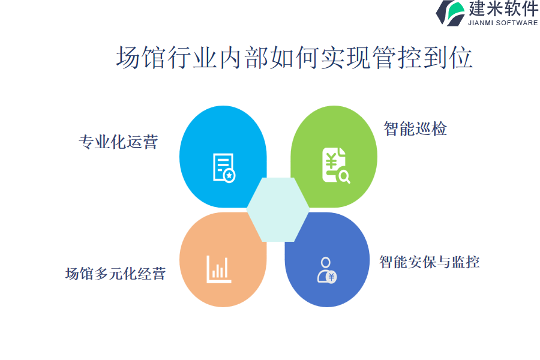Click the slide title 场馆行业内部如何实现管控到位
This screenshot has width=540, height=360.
(x=294, y=58)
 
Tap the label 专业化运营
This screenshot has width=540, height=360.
(x=118, y=142)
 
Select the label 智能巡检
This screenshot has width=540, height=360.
(x=415, y=129)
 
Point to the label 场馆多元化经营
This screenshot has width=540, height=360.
(x=116, y=274)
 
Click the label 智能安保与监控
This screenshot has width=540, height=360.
(x=430, y=262)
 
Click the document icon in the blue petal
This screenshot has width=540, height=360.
(x=224, y=168)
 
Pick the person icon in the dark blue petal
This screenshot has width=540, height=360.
(x=327, y=270)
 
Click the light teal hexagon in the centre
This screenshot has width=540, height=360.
(x=278, y=209)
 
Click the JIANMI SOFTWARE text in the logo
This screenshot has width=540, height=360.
(x=503, y=23)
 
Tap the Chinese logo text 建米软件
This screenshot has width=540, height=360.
(x=503, y=8)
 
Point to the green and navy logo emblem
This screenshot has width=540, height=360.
(x=451, y=13)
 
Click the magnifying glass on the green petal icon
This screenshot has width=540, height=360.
(x=344, y=177)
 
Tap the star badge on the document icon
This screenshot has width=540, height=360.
(x=229, y=176)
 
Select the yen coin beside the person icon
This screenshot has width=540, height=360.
(x=331, y=277)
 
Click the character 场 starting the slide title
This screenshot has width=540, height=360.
(x=128, y=58)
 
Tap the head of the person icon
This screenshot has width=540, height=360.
(x=325, y=262)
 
